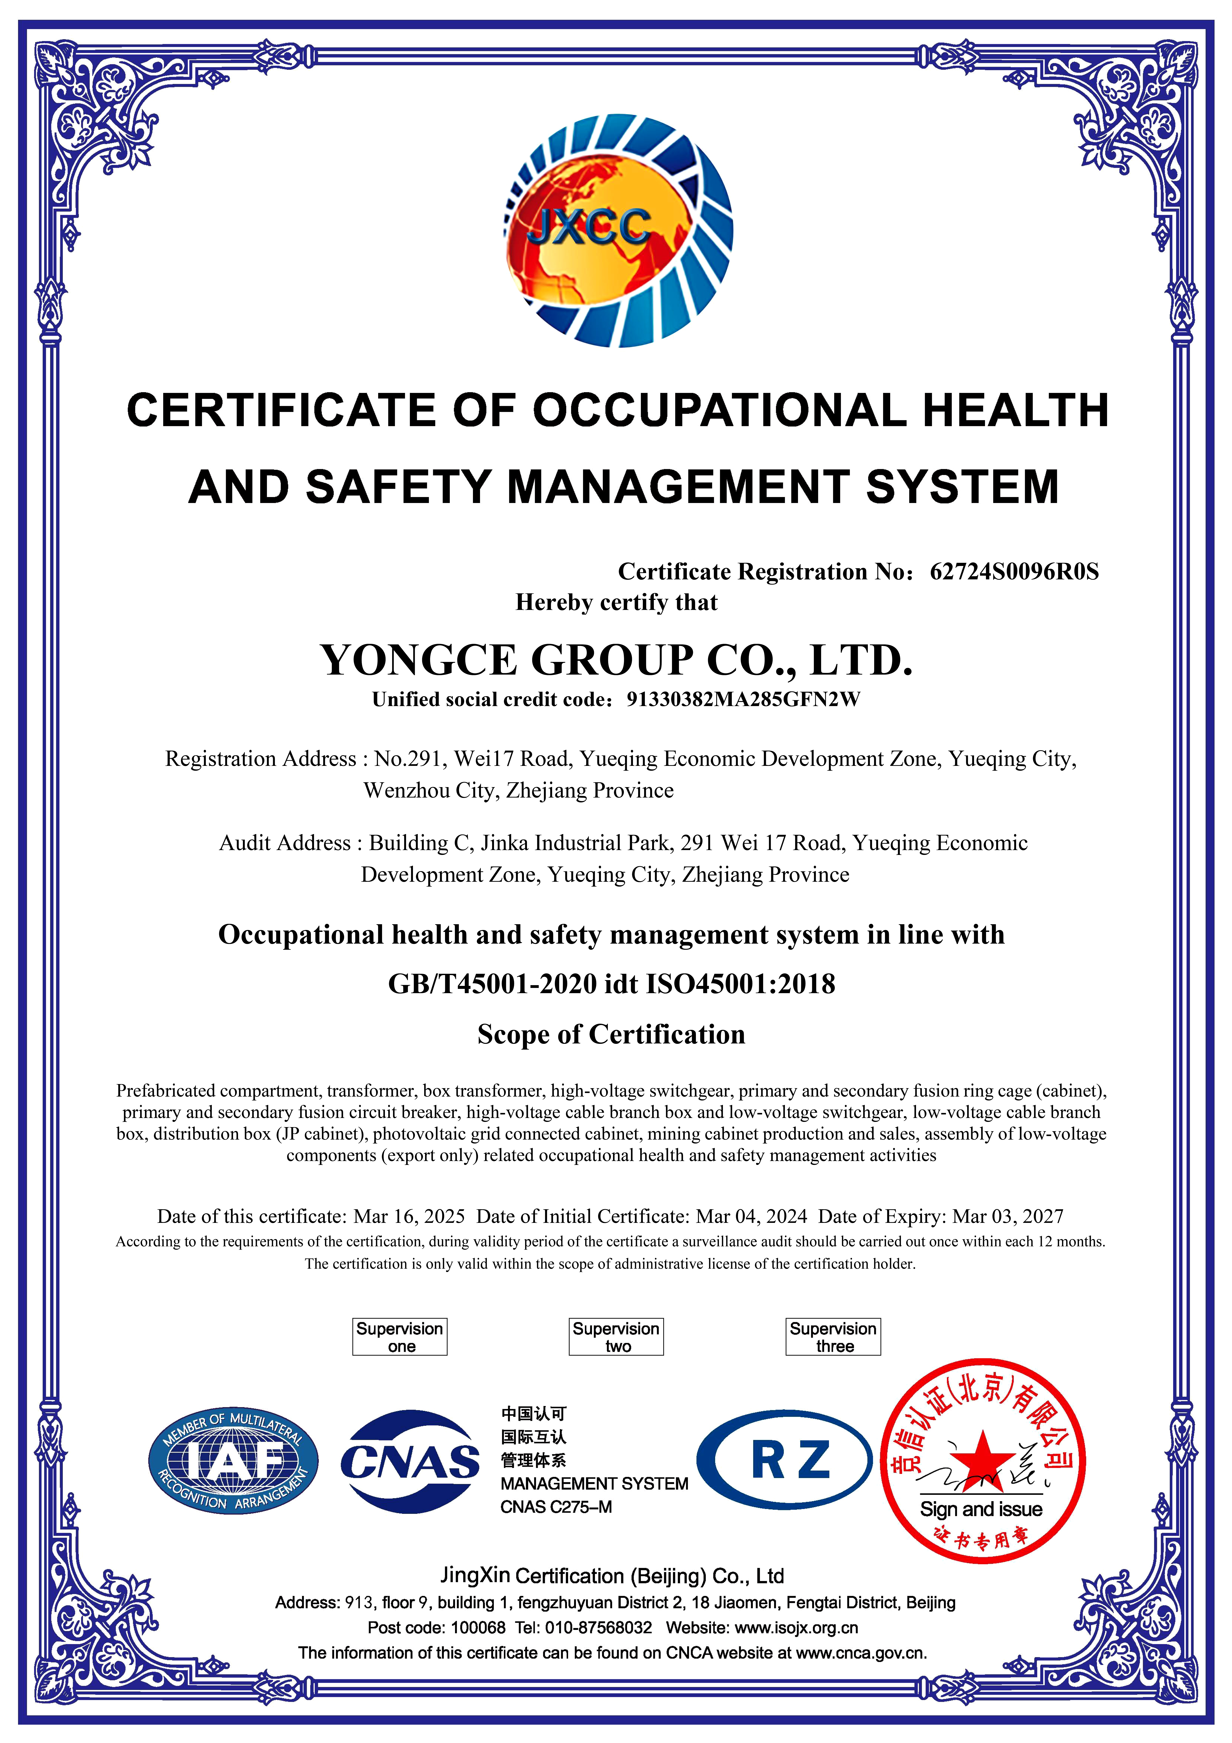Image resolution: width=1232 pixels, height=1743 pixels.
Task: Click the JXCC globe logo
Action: (x=618, y=231)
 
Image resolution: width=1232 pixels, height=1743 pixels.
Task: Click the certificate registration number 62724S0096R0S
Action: (x=1014, y=572)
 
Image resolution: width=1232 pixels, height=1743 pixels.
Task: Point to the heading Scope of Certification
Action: (x=611, y=1034)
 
